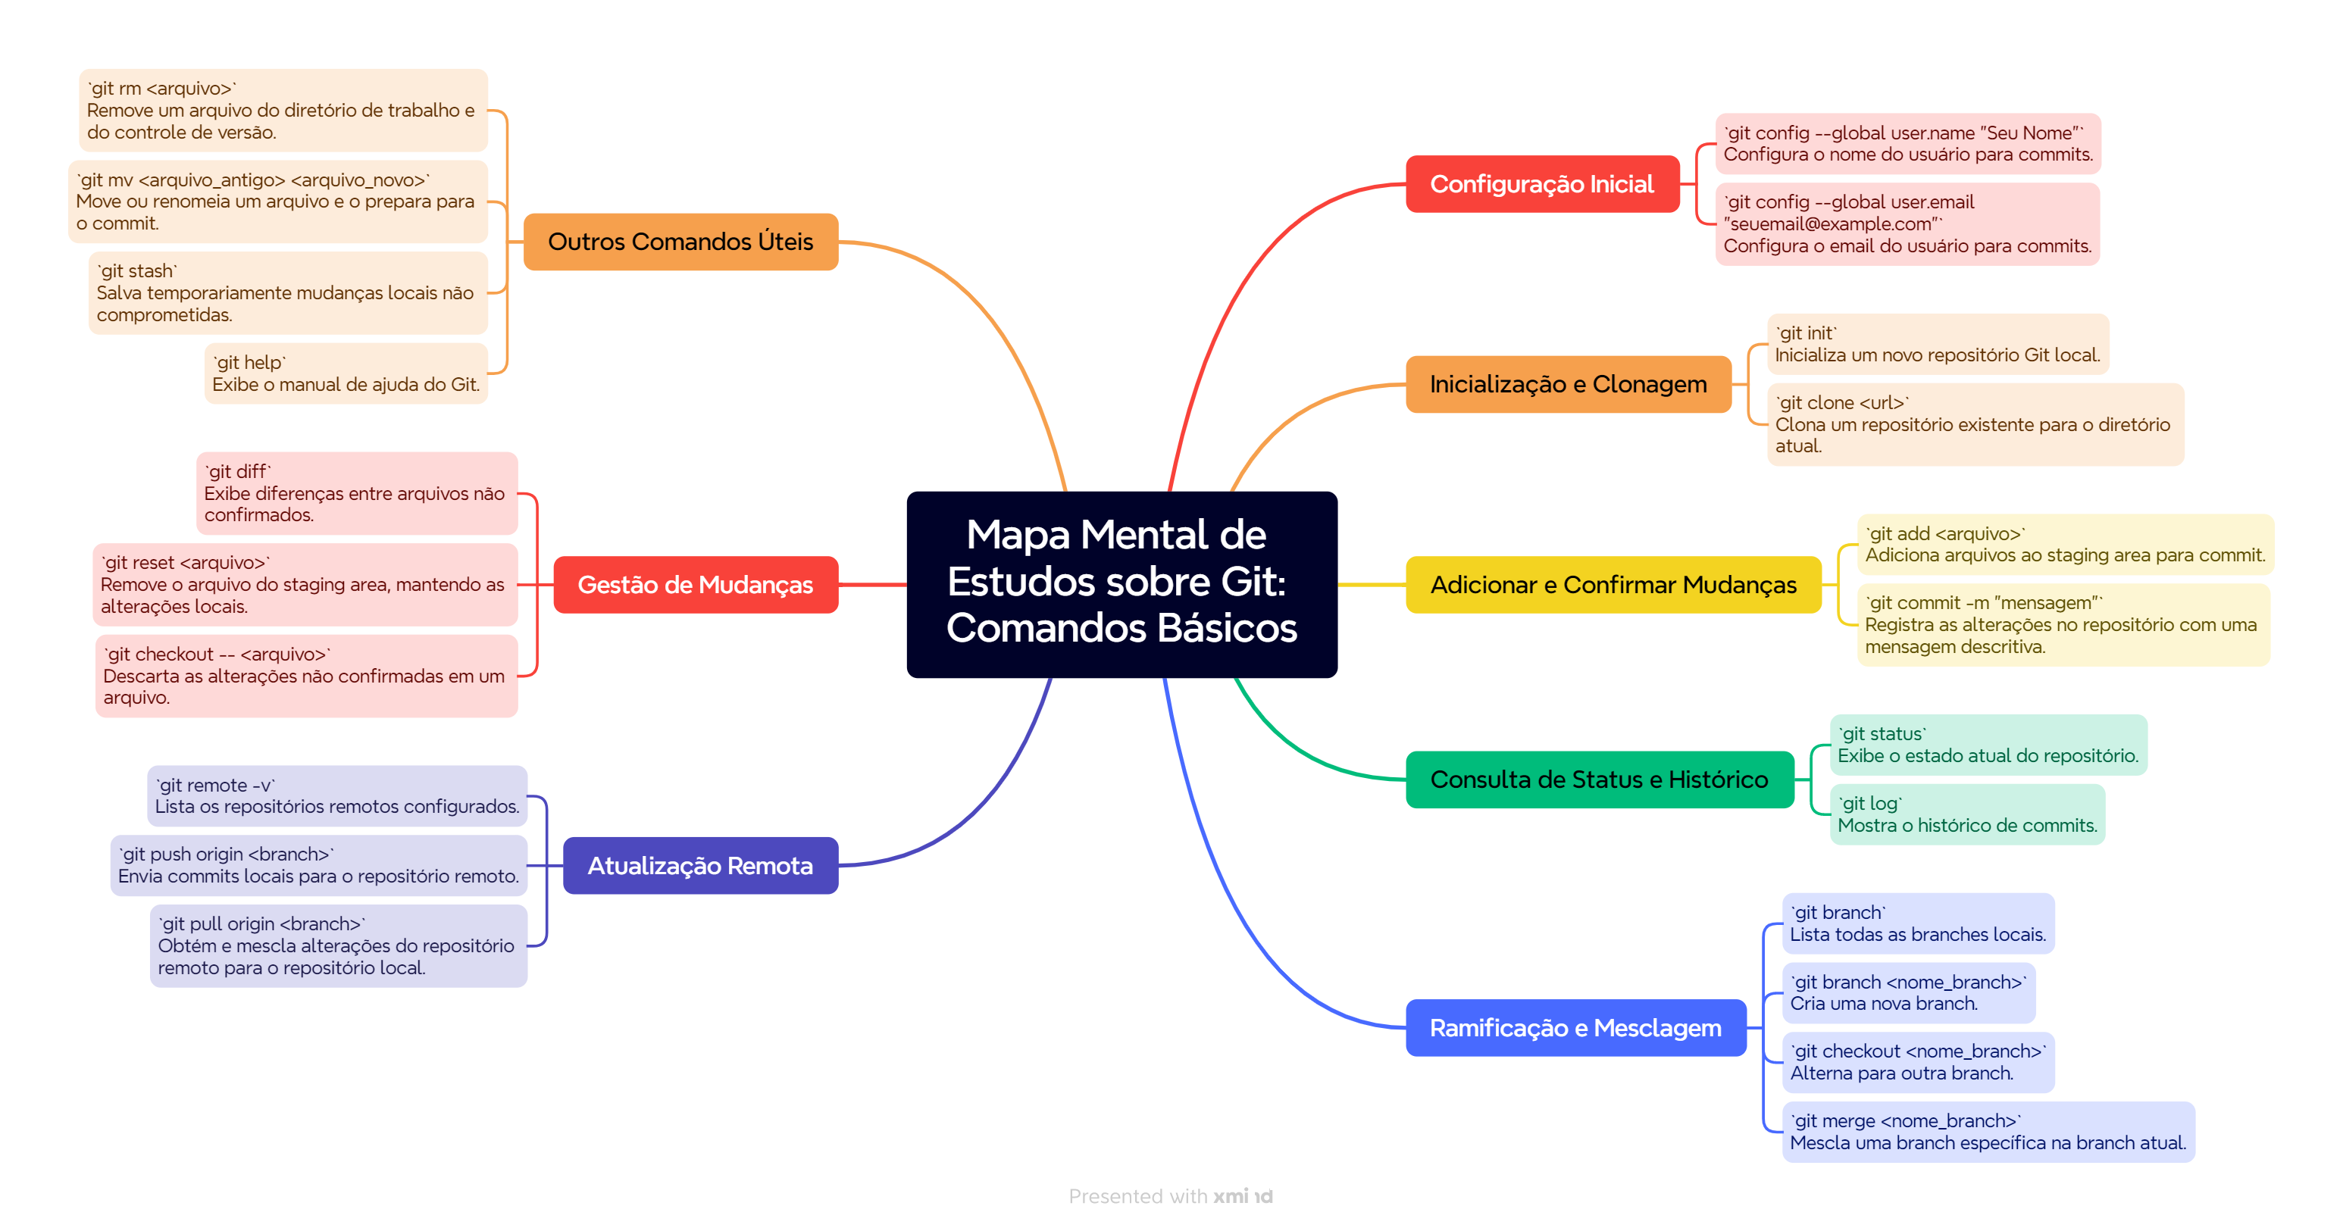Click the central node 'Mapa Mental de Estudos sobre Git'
click(1121, 583)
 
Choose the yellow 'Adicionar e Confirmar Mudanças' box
click(1613, 585)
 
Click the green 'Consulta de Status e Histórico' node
click(1599, 780)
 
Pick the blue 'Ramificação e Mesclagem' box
click(1575, 1027)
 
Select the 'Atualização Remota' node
click(699, 866)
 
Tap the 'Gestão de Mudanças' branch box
click(695, 585)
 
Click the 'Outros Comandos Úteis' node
click(680, 242)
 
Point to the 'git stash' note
click(287, 292)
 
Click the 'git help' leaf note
click(346, 373)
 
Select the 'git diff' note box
click(357, 492)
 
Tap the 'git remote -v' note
click(336, 795)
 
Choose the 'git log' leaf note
click(1966, 814)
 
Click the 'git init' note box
click(1938, 344)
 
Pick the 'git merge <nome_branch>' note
click(1988, 1132)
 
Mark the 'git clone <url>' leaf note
click(1975, 424)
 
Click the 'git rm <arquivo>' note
click(283, 110)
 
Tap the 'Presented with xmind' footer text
click(1171, 1196)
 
